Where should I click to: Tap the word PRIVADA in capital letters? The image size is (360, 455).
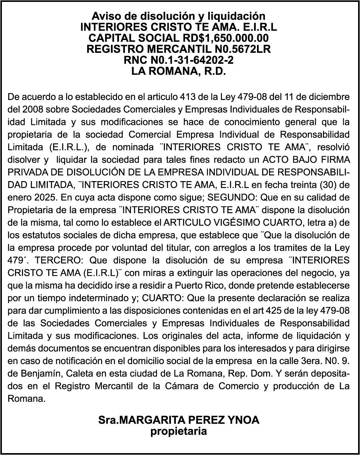pyautogui.click(x=26, y=172)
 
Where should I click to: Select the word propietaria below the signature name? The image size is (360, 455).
pyautogui.click(x=179, y=431)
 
